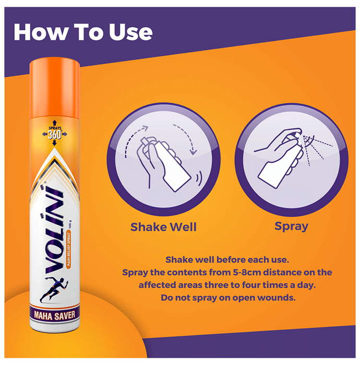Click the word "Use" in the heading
[x=130, y=32]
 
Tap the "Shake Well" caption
[x=163, y=227]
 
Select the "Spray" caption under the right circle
[x=291, y=226]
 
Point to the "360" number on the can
[x=54, y=135]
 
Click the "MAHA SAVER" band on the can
[x=55, y=315]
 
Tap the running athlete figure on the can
[x=54, y=289]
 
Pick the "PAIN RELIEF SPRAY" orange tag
[x=69, y=249]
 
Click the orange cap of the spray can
[x=54, y=89]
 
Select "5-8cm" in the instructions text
[x=247, y=272]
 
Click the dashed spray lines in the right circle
[x=317, y=149]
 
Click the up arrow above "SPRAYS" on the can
[x=54, y=123]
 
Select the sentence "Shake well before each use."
[x=227, y=260]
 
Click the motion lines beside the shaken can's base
[x=199, y=179]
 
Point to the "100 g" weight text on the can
[x=70, y=224]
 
